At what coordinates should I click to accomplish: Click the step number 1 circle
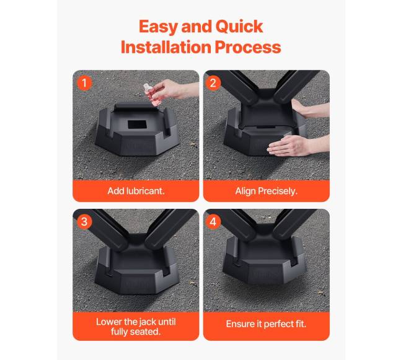[x=84, y=83]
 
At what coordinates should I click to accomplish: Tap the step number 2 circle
[x=213, y=83]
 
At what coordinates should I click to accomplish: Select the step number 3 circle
[x=84, y=222]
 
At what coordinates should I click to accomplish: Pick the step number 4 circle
[x=213, y=222]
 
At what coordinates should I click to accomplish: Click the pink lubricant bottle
[x=152, y=95]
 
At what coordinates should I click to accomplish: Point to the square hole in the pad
[x=137, y=125]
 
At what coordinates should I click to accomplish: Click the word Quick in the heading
[x=239, y=27]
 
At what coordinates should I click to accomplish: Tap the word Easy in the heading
[x=158, y=27]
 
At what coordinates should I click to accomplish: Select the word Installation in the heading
[x=166, y=47]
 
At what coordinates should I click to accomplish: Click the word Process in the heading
[x=248, y=48]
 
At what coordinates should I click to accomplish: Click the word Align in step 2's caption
[x=246, y=191]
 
